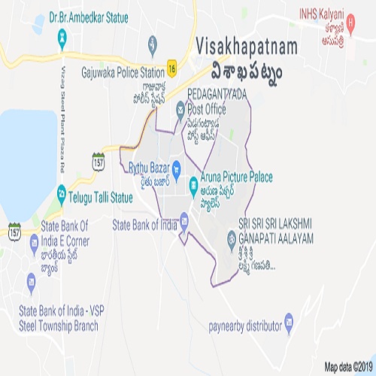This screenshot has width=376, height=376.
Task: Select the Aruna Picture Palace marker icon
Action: [x=193, y=181]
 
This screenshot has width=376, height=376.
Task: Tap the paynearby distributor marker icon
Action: [x=289, y=325]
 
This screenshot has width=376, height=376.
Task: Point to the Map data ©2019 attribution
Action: [x=347, y=367]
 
